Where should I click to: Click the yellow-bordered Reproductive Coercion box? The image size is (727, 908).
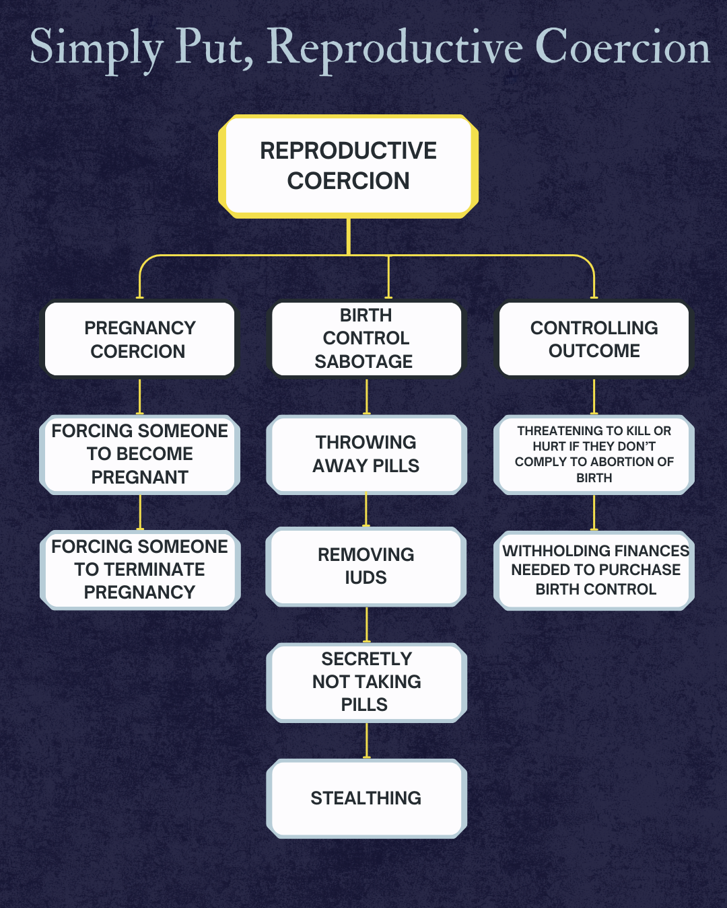click(x=348, y=166)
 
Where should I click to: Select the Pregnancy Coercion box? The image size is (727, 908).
click(x=139, y=339)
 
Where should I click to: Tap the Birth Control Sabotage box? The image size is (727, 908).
click(x=366, y=339)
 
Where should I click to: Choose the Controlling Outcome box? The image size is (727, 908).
click(x=594, y=339)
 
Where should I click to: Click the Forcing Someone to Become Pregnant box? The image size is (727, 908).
click(x=139, y=455)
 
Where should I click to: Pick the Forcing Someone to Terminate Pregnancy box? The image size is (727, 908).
click(x=139, y=570)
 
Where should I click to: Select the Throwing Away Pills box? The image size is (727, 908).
click(x=366, y=455)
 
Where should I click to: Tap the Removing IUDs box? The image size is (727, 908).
click(x=366, y=566)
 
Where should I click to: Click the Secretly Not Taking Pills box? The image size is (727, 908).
click(x=366, y=682)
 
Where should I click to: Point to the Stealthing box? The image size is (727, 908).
click(x=366, y=798)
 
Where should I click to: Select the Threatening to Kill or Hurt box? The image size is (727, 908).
click(x=594, y=455)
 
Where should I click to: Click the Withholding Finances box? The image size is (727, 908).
click(x=594, y=570)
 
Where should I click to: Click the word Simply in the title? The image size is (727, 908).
click(x=96, y=48)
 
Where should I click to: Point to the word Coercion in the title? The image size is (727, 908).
click(x=622, y=48)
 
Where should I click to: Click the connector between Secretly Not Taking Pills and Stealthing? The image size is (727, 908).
click(x=367, y=741)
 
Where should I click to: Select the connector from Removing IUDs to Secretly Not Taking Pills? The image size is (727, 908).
click(x=367, y=625)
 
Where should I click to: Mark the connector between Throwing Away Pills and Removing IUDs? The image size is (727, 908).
click(x=366, y=510)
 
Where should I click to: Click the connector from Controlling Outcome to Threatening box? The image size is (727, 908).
click(x=594, y=396)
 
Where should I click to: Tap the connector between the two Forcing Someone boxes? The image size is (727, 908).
click(x=140, y=513)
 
